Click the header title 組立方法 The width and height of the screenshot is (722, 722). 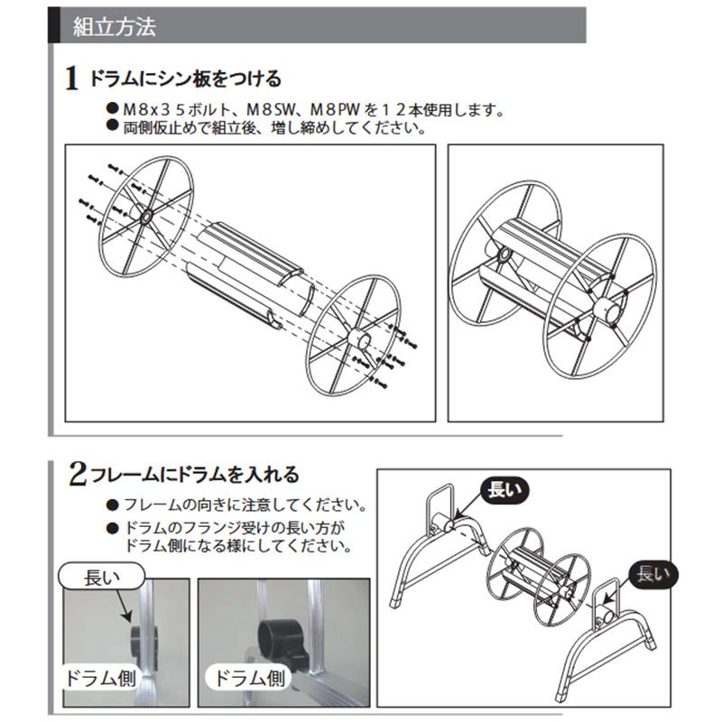(x=114, y=26)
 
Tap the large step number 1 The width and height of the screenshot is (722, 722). (x=72, y=79)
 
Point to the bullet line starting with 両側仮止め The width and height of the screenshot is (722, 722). (x=271, y=127)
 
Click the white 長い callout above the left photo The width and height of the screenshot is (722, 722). (x=102, y=575)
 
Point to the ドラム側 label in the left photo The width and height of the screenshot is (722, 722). (x=100, y=676)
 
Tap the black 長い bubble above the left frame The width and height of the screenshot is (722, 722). (x=503, y=490)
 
